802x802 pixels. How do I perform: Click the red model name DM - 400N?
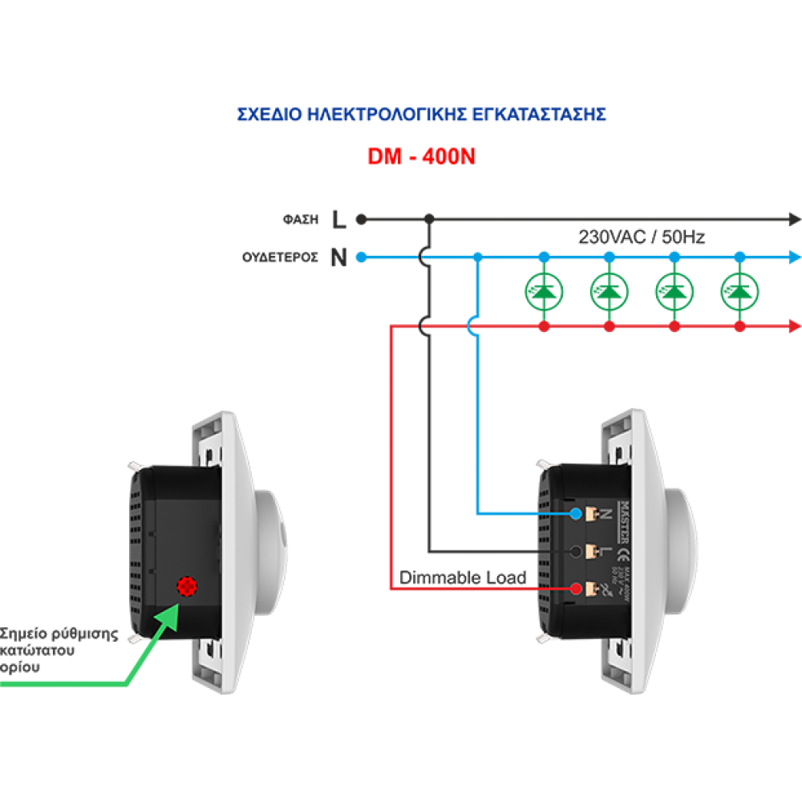421,157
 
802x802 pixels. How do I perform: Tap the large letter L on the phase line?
340,218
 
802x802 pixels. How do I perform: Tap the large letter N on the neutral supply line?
340,258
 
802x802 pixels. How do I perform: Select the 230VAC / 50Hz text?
642,237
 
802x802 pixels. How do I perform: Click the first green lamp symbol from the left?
544,292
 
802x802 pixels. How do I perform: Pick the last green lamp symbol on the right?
739,292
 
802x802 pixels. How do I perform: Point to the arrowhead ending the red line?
795,326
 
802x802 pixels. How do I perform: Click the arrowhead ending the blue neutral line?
795,257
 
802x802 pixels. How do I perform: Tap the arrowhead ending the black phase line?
795,218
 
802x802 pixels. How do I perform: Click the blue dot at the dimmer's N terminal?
576,512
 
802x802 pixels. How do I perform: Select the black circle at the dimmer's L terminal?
576,551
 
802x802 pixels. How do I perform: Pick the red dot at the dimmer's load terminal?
576,589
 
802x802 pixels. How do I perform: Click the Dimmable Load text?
462,577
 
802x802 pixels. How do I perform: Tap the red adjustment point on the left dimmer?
188,587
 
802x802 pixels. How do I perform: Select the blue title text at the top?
421,115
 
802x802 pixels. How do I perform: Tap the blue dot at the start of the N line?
362,257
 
